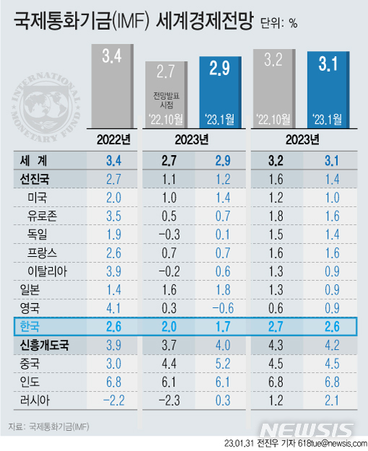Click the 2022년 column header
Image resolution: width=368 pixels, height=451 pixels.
coord(113,139)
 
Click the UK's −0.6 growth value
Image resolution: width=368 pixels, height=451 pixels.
coord(222,308)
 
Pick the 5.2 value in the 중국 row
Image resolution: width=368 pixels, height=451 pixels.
coord(222,363)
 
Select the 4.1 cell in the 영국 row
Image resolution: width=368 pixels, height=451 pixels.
coord(113,308)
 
